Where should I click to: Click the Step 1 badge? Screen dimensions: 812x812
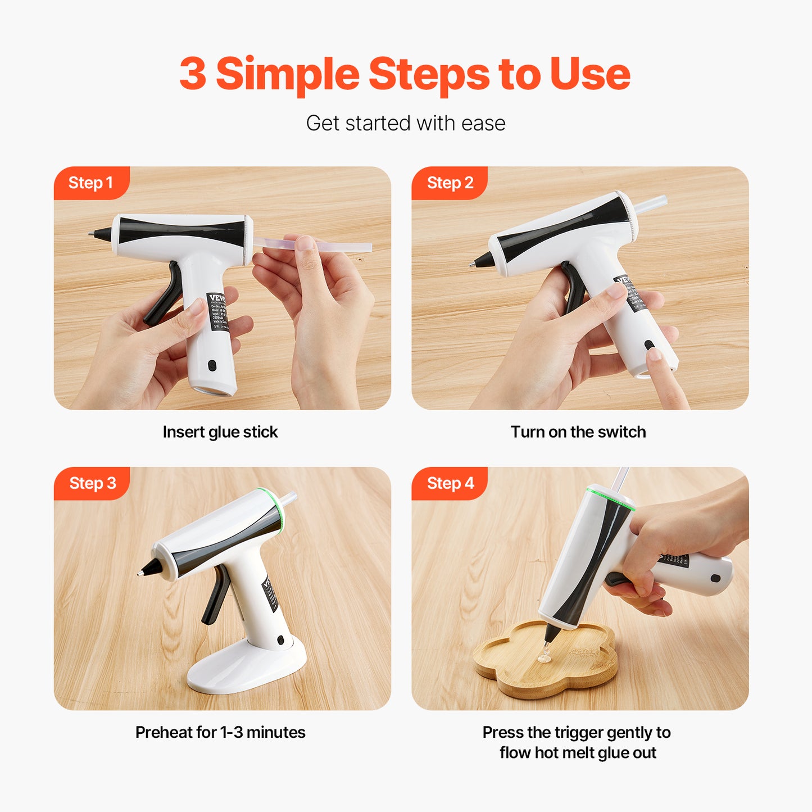[x=90, y=183]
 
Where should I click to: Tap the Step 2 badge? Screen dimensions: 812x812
[x=450, y=183]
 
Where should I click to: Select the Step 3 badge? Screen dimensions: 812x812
[x=92, y=483]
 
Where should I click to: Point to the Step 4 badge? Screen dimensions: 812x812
[x=450, y=483]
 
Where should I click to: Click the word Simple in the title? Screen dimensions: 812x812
[x=287, y=74]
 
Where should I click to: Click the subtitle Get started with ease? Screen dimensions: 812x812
[x=405, y=123]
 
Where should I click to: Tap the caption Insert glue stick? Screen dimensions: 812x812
[x=220, y=432]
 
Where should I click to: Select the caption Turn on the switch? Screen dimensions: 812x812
[x=578, y=432]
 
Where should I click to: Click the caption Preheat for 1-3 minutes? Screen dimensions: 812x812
[x=220, y=733]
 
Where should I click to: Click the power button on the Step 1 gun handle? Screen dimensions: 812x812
[x=212, y=365]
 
